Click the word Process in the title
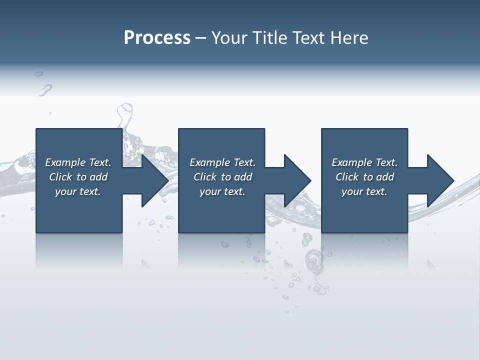coord(157,38)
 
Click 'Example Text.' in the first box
coord(78,162)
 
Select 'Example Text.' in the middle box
coord(222,162)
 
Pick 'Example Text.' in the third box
coord(364,162)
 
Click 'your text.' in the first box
coord(78,191)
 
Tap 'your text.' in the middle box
coord(222,191)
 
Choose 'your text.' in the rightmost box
coord(364,191)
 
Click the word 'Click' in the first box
coord(60,177)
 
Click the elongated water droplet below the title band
coord(45,90)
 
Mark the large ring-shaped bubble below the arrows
coord(314,259)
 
